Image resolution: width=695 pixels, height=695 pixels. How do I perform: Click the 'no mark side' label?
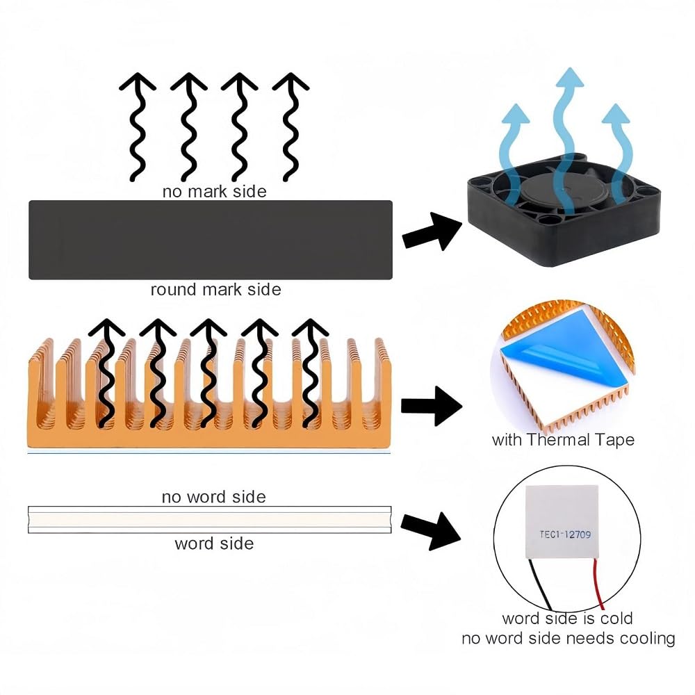(214, 190)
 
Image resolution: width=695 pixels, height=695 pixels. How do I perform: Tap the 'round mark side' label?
(215, 290)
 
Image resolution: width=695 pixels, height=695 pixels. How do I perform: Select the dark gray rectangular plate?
(210, 240)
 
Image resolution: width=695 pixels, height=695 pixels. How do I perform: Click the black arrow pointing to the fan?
(432, 231)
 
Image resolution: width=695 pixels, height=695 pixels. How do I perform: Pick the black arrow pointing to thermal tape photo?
(431, 405)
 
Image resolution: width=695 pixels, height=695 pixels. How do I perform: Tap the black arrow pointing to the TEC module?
(431, 530)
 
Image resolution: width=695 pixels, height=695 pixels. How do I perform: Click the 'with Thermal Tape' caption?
(563, 440)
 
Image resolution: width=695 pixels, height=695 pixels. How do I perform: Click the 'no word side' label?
(213, 497)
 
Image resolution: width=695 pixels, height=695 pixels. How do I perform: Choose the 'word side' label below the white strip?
(214, 543)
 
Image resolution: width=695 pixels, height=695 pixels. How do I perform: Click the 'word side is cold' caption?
(567, 618)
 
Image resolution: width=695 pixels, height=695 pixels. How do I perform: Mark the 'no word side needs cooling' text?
(569, 638)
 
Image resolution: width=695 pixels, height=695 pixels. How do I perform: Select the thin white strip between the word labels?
(209, 520)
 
